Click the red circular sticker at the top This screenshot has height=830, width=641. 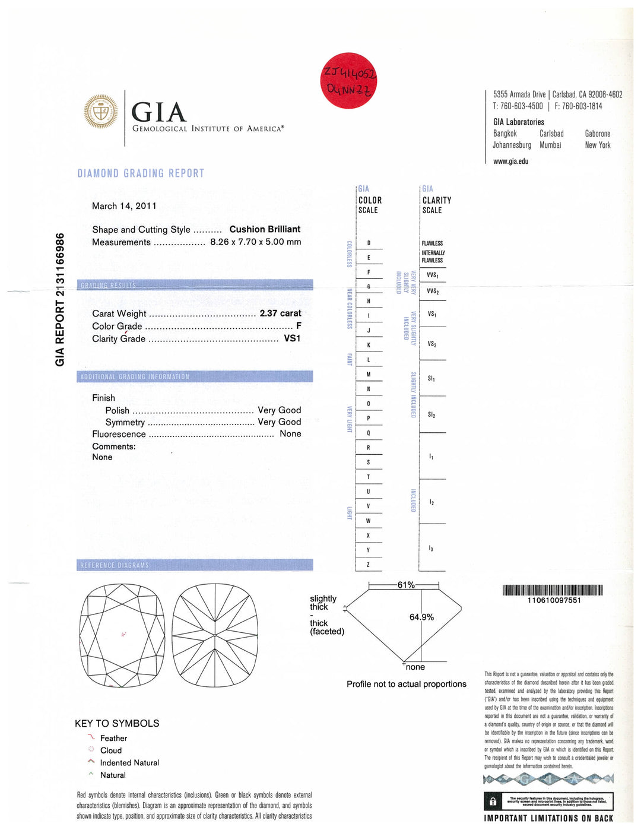[348, 81]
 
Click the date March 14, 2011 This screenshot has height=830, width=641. [124, 206]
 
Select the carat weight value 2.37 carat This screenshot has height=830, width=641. [280, 313]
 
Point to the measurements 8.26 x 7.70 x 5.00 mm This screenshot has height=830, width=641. [255, 242]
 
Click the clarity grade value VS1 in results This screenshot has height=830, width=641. [292, 338]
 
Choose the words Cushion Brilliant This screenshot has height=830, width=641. [265, 229]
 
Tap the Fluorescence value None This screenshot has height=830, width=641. [290, 434]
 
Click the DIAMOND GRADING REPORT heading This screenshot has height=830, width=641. [141, 173]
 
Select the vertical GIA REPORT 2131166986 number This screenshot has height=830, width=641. [60, 300]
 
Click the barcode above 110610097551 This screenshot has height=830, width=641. [553, 590]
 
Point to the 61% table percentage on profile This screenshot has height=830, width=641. [406, 585]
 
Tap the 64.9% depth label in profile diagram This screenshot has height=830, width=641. [421, 617]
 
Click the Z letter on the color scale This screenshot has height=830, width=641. [368, 565]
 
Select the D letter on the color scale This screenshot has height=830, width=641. [369, 243]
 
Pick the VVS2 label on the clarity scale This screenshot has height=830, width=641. [433, 292]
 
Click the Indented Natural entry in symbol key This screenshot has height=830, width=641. [129, 763]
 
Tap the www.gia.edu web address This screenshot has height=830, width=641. [510, 161]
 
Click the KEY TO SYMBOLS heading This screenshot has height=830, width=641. [117, 724]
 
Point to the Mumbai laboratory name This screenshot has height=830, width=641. [550, 145]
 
